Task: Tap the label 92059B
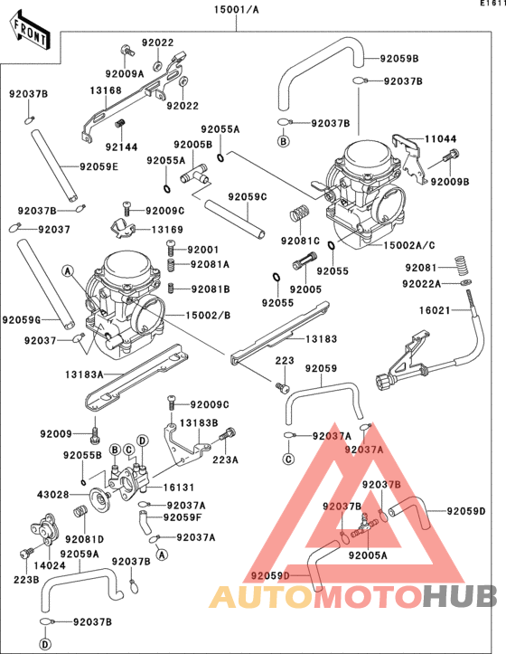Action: [399, 59]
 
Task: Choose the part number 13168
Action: [106, 90]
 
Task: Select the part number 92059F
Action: [182, 517]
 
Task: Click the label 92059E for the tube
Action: [98, 166]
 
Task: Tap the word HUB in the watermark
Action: [460, 596]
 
